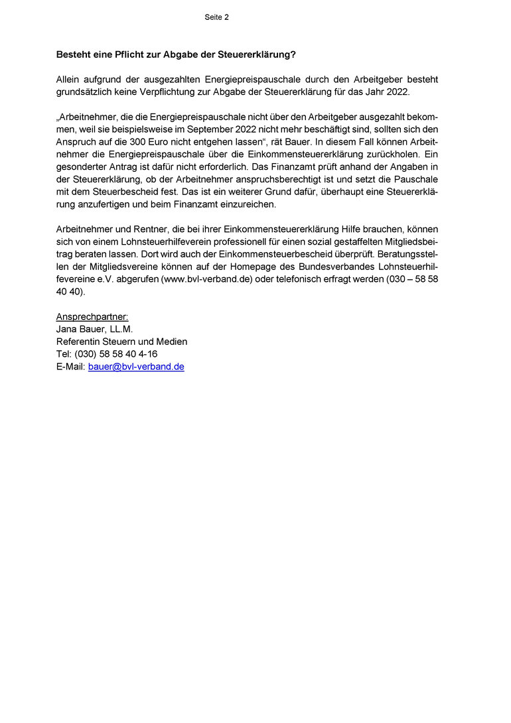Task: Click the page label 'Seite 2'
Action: (x=216, y=17)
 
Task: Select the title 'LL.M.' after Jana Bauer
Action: (x=120, y=329)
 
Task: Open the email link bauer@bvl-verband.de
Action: (x=136, y=366)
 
